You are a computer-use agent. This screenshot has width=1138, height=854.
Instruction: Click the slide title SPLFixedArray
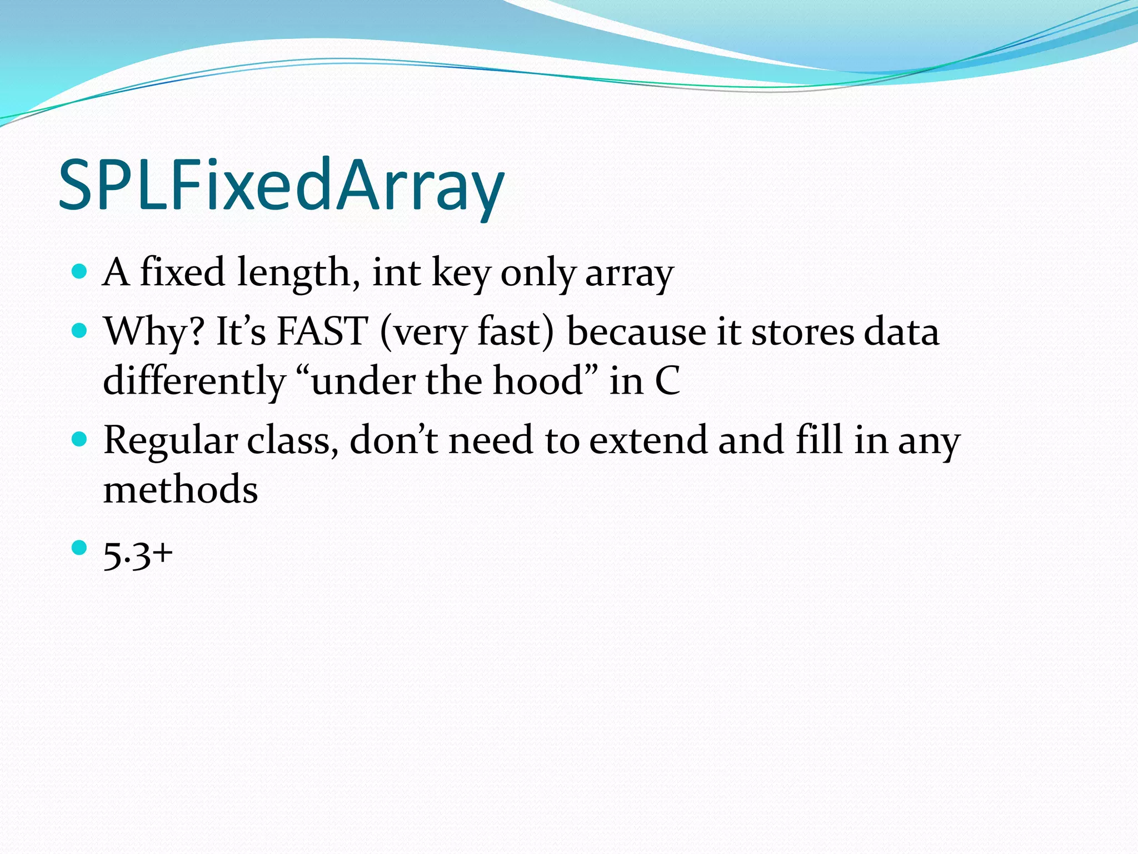[x=281, y=185]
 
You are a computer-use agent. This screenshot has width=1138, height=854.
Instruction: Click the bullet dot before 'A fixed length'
[x=80, y=271]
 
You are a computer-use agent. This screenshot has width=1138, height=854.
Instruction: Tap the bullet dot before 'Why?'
[x=80, y=331]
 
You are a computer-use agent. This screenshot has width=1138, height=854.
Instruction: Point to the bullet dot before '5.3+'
[x=80, y=548]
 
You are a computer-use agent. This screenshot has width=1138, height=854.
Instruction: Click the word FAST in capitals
[x=322, y=331]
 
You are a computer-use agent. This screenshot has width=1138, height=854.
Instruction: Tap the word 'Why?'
[x=154, y=332]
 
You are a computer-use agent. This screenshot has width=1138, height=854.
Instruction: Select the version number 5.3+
[x=138, y=554]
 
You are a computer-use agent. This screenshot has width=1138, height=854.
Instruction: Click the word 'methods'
[x=181, y=489]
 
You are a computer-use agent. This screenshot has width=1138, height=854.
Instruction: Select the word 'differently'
[x=194, y=382]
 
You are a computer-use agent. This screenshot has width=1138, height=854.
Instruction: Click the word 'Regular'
[x=170, y=441]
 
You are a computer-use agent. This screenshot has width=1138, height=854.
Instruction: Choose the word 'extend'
[x=648, y=440]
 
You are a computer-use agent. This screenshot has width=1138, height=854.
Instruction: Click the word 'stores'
[x=802, y=332]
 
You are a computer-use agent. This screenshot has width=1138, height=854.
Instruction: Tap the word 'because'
[x=636, y=332]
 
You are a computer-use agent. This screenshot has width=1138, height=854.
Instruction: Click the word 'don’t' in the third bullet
[x=393, y=440]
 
